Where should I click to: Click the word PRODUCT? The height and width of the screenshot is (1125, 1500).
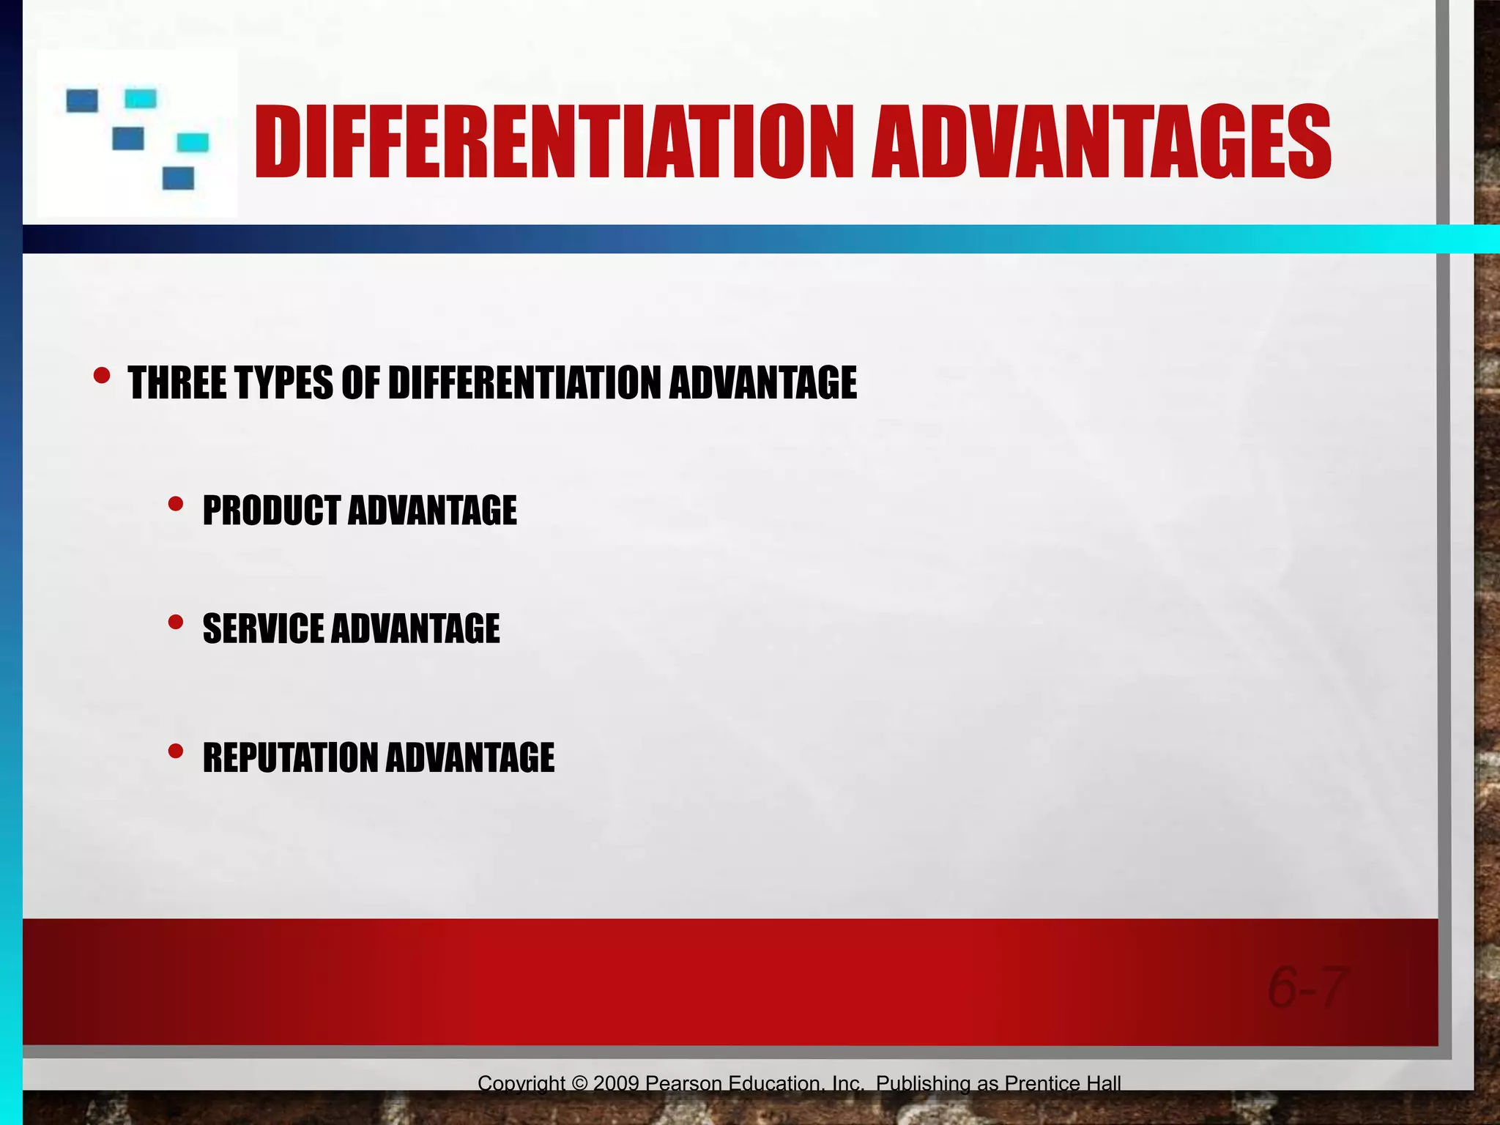click(271, 510)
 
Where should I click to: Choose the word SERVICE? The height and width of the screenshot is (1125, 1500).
click(262, 629)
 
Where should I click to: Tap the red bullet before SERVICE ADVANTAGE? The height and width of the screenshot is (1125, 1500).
click(176, 623)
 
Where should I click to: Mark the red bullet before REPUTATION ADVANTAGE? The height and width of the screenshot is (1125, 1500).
click(176, 751)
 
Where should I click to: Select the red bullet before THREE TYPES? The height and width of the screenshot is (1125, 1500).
click(102, 376)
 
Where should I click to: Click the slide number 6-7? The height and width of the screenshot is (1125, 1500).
click(1307, 987)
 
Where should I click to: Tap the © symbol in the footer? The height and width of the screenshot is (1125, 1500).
click(580, 1083)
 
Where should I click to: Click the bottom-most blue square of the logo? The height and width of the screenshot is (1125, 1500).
click(178, 178)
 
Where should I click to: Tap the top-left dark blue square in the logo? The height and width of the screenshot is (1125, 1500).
click(82, 100)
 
